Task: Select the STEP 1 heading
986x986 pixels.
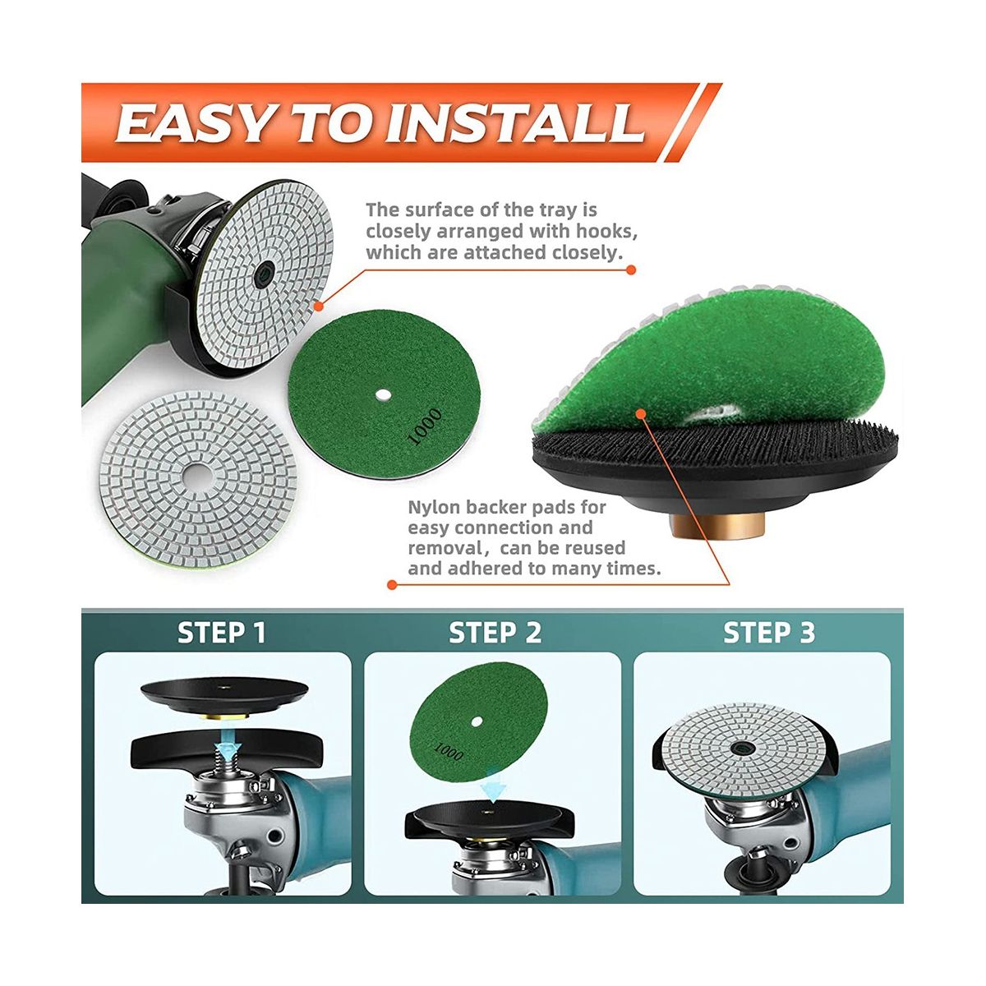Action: (222, 633)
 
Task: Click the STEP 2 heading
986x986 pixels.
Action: (495, 633)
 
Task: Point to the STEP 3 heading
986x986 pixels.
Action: (768, 633)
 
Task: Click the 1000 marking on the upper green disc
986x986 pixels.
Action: (424, 427)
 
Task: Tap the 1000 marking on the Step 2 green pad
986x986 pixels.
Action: (449, 751)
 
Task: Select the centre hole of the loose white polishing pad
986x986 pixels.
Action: (200, 477)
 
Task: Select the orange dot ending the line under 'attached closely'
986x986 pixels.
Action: (631, 270)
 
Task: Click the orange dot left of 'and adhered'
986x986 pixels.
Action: (393, 584)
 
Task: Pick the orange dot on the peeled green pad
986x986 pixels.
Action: (639, 414)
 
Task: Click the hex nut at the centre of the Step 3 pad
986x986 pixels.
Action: (740, 748)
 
